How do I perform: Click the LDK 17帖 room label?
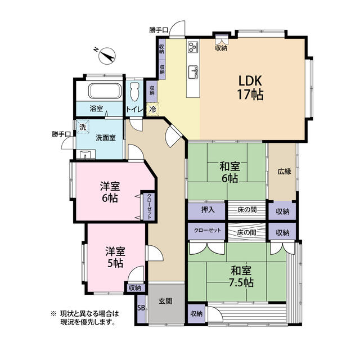(x=250, y=88)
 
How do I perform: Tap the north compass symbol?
(x=106, y=56)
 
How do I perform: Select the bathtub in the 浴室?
(x=105, y=91)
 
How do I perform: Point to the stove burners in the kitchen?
(x=193, y=47)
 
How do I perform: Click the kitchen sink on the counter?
(x=193, y=72)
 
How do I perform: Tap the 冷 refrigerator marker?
(x=152, y=109)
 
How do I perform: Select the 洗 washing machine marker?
(x=83, y=127)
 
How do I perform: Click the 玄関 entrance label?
(x=165, y=301)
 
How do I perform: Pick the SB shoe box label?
(x=141, y=308)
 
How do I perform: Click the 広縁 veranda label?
(x=284, y=171)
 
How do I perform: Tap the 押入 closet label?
(x=208, y=210)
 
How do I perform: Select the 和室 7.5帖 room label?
(x=242, y=276)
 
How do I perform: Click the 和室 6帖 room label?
(x=230, y=172)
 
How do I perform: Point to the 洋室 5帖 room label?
(x=115, y=257)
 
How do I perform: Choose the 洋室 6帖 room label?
(x=110, y=192)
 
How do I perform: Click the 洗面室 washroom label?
(x=106, y=138)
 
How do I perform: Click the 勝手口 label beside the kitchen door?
(x=159, y=30)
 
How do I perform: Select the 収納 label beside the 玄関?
(x=135, y=288)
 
